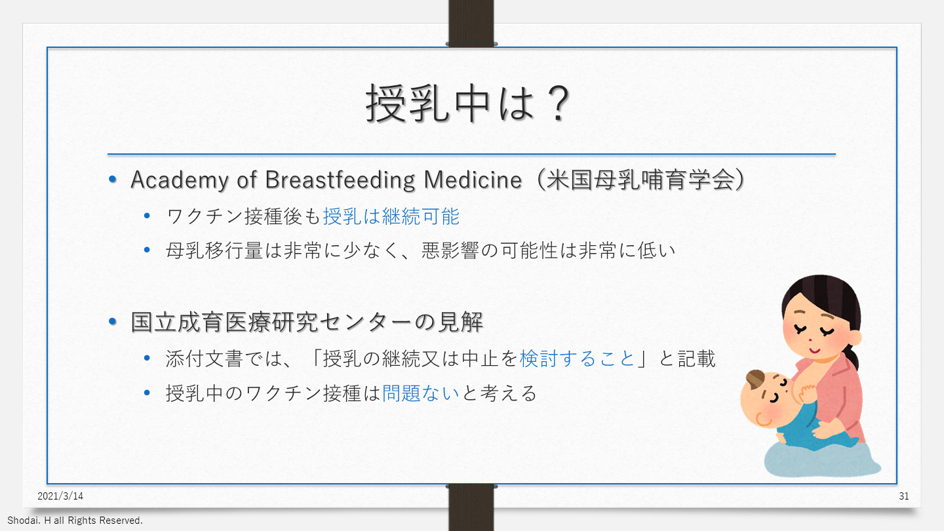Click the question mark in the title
pyautogui.click(x=557, y=104)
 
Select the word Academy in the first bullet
pyautogui.click(x=180, y=180)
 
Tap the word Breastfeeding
pyautogui.click(x=340, y=180)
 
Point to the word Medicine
pyautogui.click(x=473, y=180)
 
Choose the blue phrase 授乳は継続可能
pyautogui.click(x=391, y=216)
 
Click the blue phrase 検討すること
pyautogui.click(x=577, y=359)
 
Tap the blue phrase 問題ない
pyautogui.click(x=421, y=393)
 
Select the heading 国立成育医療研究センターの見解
pyautogui.click(x=307, y=323)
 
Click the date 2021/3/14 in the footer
pyautogui.click(x=60, y=496)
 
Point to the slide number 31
pyautogui.click(x=903, y=496)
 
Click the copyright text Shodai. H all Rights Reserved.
pyautogui.click(x=75, y=521)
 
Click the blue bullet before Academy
pyautogui.click(x=113, y=180)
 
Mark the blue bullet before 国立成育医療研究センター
pyautogui.click(x=113, y=322)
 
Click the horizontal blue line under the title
pyautogui.click(x=471, y=154)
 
